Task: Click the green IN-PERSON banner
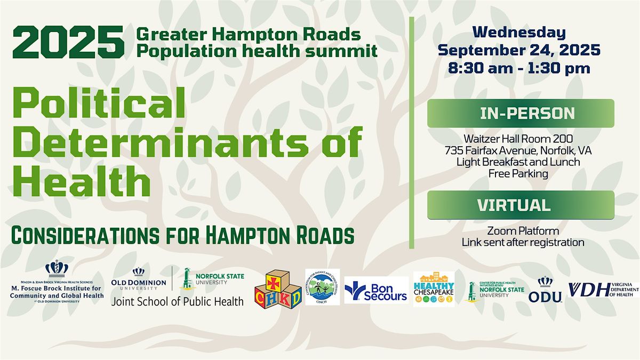pyautogui.click(x=521, y=113)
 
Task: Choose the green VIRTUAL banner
pyautogui.click(x=521, y=205)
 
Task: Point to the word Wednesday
pyautogui.click(x=519, y=32)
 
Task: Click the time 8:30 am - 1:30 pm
pyautogui.click(x=519, y=68)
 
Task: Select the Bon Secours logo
pyautogui.click(x=376, y=290)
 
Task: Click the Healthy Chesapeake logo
pyautogui.click(x=434, y=289)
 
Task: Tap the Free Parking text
pyautogui.click(x=519, y=173)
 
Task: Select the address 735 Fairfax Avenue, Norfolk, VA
pyautogui.click(x=519, y=151)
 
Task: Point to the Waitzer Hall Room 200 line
pyautogui.click(x=519, y=139)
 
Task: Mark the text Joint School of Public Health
pyautogui.click(x=177, y=301)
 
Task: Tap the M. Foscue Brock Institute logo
pyautogui.click(x=57, y=282)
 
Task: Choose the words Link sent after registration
pyautogui.click(x=523, y=242)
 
